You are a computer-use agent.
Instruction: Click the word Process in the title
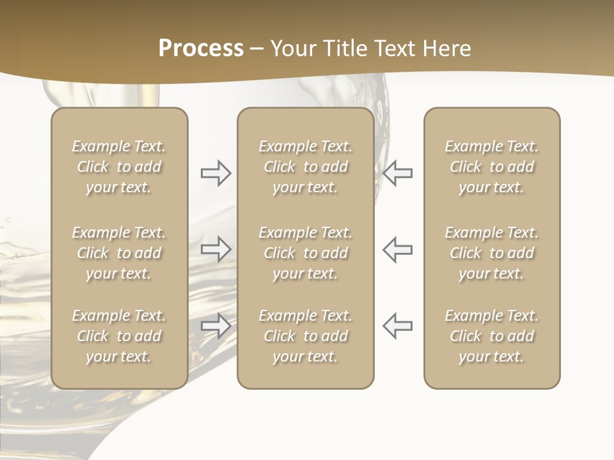point(201,49)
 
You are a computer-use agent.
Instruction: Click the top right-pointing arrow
point(216,173)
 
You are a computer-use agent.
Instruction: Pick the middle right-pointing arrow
point(216,249)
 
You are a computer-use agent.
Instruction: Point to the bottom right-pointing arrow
point(216,325)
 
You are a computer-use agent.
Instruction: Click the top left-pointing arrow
point(397,173)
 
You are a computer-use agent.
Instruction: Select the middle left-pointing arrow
point(397,249)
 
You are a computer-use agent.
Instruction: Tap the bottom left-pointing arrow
point(397,325)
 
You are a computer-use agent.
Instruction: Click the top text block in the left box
point(119,167)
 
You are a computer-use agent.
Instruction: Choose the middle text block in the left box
point(119,253)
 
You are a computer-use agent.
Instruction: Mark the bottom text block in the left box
point(119,336)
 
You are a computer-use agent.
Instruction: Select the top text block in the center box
point(305,167)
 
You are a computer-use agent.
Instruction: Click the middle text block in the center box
point(305,253)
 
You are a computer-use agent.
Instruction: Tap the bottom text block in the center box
point(305,336)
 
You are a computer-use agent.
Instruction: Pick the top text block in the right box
point(491,167)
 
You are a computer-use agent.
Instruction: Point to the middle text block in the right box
point(491,253)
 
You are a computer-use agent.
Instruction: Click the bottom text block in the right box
point(491,336)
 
